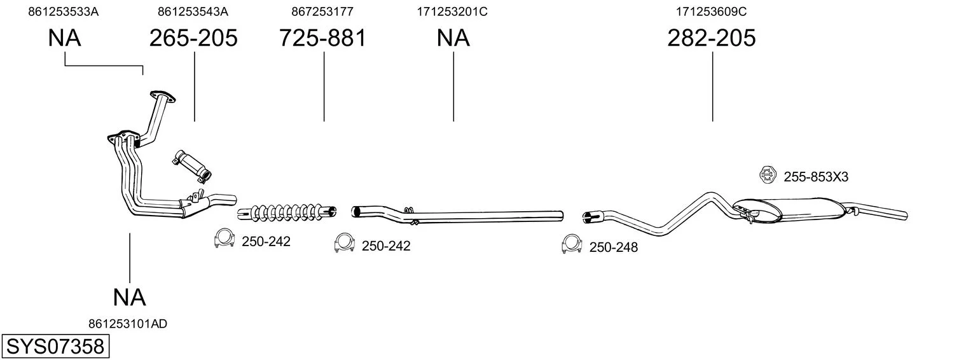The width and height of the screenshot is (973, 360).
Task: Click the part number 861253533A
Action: coord(64,11)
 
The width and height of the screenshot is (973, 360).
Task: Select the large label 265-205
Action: coord(194,38)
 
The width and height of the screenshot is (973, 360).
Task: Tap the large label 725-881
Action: coord(322,38)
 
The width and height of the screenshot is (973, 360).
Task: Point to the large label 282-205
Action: coord(712,38)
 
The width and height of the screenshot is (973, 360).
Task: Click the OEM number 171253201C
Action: coord(452,11)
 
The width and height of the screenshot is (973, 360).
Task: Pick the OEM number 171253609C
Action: coord(711,11)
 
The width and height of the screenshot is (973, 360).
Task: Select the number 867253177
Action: coord(322,11)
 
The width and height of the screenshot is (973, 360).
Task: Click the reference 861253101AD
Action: coord(128,324)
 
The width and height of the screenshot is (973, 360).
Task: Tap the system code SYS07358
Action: coord(55,347)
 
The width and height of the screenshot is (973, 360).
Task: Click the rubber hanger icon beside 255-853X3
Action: coord(768,174)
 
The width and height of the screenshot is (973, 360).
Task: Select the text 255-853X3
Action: coord(816,177)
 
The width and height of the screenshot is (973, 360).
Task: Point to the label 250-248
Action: coord(613,247)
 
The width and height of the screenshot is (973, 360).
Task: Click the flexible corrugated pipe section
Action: coord(287,211)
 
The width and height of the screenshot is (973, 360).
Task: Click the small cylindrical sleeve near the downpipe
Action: coord(192,165)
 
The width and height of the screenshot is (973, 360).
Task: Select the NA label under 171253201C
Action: coord(453,38)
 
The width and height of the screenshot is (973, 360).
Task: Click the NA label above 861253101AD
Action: coord(130,298)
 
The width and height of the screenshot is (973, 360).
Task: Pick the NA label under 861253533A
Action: coord(64,38)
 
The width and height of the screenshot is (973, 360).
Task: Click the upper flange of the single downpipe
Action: coord(163,97)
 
